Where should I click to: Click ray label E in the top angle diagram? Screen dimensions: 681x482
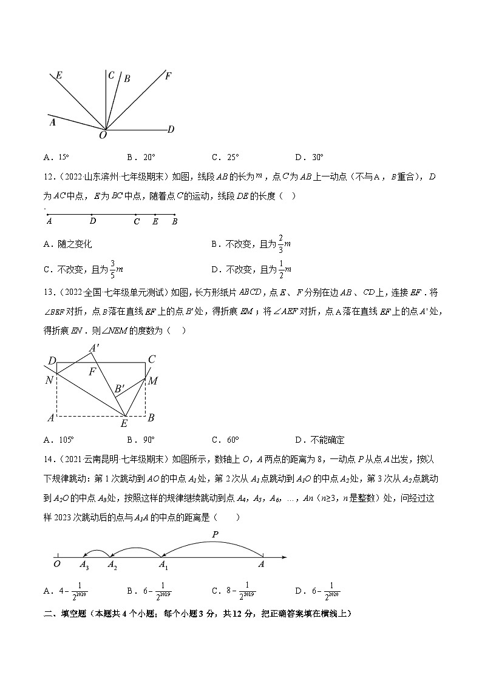point(59,76)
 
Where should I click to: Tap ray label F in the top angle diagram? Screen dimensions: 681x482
point(168,76)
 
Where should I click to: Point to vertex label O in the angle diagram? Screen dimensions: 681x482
point(103,136)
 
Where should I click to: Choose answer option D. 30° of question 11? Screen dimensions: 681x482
point(309,156)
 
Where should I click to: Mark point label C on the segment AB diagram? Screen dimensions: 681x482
point(137,222)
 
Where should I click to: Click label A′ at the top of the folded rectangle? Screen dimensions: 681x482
point(95,348)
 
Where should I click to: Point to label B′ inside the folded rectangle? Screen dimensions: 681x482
point(120,389)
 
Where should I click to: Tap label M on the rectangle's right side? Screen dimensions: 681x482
point(153,381)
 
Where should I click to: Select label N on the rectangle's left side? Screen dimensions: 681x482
point(49,381)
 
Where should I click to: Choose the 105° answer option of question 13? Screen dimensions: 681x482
point(59,440)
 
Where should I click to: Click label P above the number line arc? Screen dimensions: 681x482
point(214,534)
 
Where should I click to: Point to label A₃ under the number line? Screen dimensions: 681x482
point(84,565)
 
